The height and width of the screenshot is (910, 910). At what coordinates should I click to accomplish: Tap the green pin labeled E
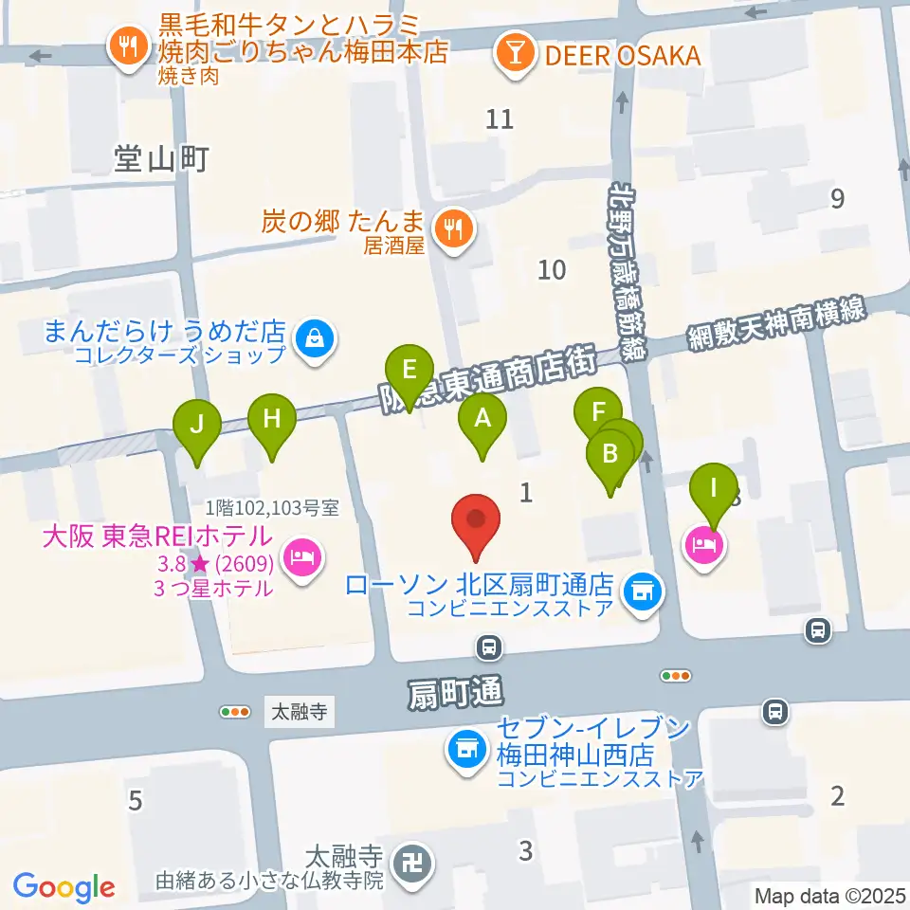(x=409, y=369)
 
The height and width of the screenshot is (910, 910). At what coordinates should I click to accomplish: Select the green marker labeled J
(x=196, y=425)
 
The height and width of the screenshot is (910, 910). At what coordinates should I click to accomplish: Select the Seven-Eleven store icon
(x=466, y=751)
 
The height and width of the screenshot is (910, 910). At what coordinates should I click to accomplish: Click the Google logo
(x=64, y=886)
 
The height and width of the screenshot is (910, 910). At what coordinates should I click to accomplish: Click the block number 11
(x=500, y=119)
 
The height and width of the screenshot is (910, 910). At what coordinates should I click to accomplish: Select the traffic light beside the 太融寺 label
(x=234, y=711)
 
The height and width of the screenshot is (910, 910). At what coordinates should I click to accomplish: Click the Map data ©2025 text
(x=829, y=895)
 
